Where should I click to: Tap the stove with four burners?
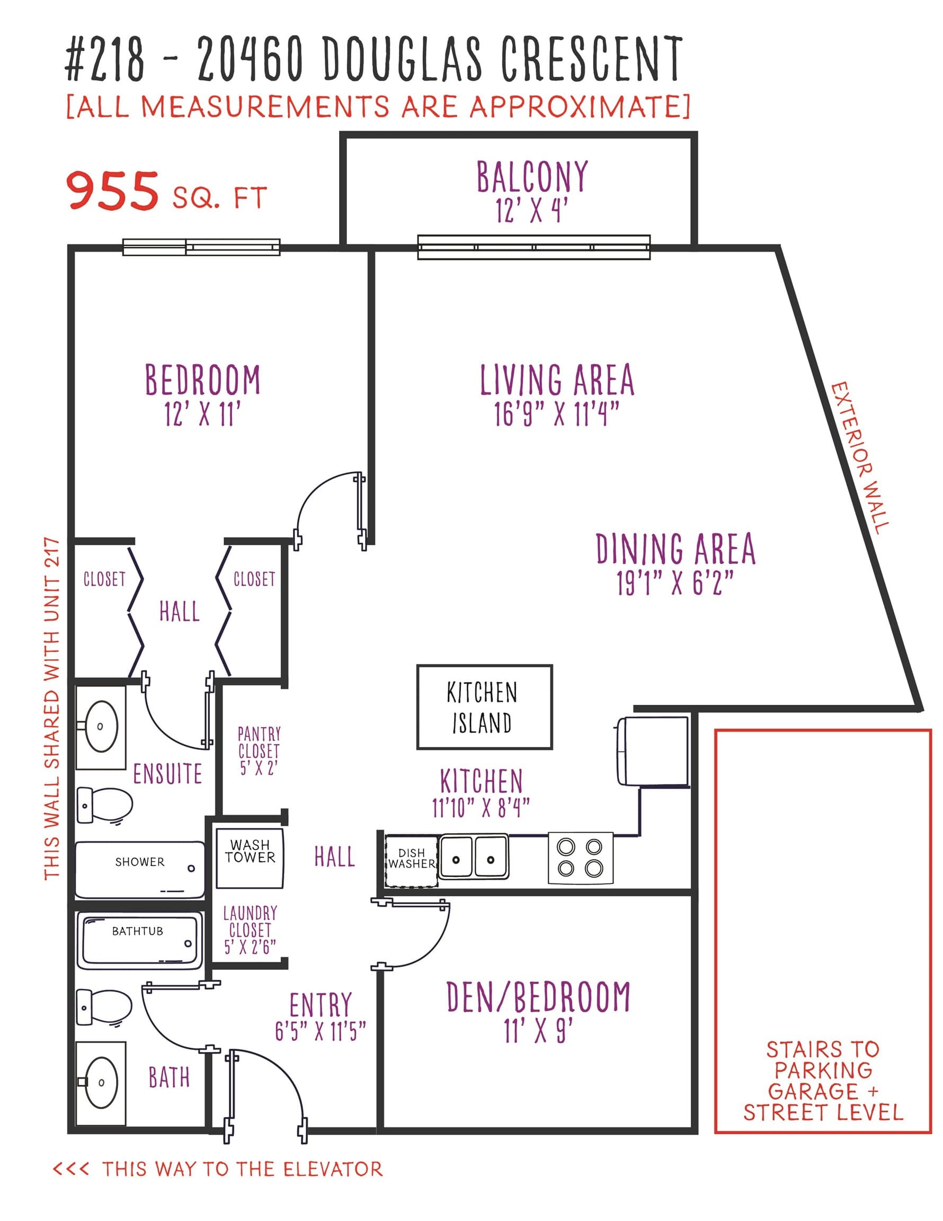(580, 858)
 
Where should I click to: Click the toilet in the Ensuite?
(104, 805)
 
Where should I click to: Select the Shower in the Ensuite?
(140, 870)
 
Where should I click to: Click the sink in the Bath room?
(101, 1082)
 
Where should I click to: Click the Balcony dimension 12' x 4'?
(531, 211)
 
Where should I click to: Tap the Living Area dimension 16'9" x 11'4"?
(557, 414)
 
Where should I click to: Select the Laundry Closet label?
(250, 930)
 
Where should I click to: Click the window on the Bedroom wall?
(201, 247)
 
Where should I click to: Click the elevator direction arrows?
(71, 1169)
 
